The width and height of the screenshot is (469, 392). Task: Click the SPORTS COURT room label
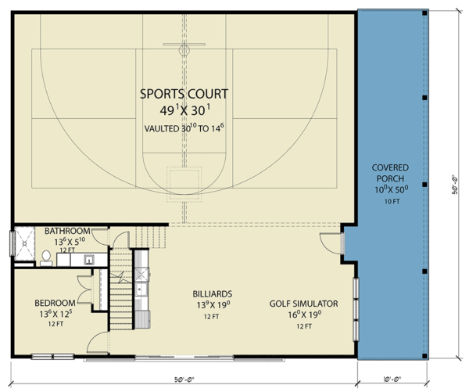click(184, 94)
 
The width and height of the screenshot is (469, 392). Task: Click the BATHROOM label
click(66, 232)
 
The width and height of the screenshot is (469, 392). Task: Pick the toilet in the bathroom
click(46, 257)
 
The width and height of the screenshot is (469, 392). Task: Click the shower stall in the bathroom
click(27, 243)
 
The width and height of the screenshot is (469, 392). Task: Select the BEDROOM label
click(55, 303)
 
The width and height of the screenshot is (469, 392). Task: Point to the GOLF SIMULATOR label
click(303, 303)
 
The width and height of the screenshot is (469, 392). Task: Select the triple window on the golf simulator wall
click(356, 309)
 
